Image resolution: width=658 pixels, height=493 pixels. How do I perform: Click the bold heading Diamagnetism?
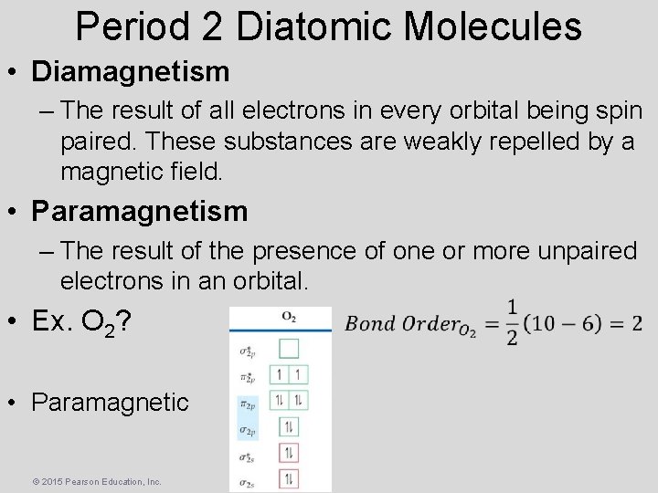point(129,69)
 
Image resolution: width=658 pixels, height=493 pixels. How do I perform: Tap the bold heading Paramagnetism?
point(139,211)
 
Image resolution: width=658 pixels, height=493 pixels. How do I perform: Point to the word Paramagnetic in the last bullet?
point(110,402)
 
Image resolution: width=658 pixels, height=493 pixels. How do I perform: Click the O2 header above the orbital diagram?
point(289,317)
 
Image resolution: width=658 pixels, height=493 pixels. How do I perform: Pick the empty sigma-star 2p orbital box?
point(289,347)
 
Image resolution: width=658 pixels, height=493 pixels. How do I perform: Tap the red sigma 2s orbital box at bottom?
point(289,478)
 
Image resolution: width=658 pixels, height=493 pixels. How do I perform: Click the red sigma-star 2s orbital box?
point(289,453)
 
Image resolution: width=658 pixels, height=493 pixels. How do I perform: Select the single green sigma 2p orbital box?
point(289,426)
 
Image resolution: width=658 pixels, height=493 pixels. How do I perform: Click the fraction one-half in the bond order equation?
point(511,324)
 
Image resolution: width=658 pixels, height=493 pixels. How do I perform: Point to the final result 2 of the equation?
point(636,323)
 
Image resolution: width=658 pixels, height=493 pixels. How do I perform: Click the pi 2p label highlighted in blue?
point(247,402)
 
